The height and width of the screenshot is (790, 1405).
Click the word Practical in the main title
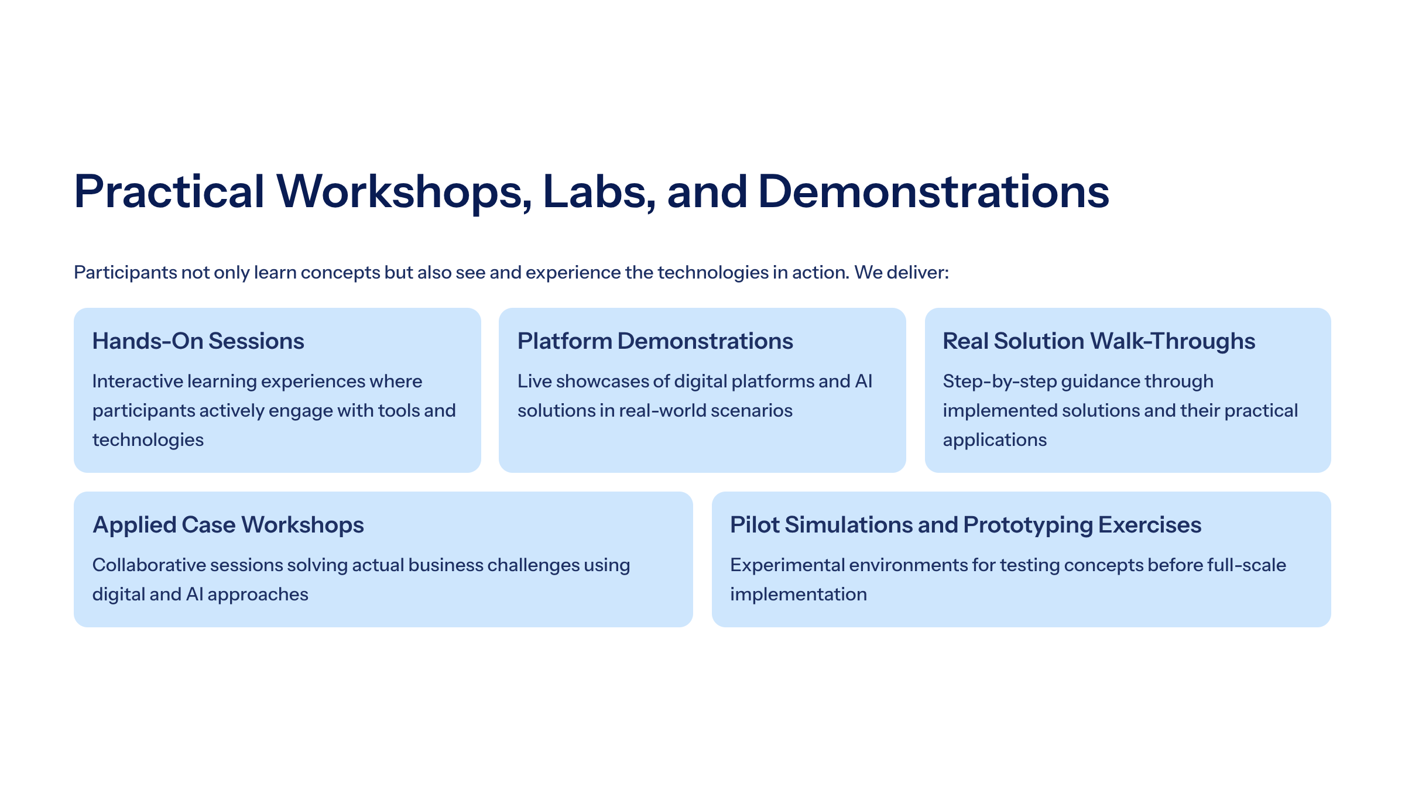tap(169, 191)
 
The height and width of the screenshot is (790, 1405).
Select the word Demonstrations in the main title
tap(934, 191)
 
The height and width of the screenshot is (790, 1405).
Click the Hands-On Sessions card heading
tap(198, 341)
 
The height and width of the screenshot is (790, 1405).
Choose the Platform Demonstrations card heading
tap(655, 341)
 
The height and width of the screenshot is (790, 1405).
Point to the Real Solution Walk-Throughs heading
tap(1099, 341)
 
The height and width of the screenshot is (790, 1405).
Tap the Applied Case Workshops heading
tap(228, 525)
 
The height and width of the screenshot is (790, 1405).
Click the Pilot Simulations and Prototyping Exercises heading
tap(966, 525)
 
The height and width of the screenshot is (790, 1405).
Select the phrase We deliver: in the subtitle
tap(902, 273)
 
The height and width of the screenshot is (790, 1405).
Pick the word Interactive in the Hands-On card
tap(138, 382)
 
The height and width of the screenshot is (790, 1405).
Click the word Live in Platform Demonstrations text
tap(534, 382)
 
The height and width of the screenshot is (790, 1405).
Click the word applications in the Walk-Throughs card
tap(995, 441)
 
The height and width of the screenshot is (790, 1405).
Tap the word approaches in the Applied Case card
tap(258, 595)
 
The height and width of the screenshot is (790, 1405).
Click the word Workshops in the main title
tap(404, 191)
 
